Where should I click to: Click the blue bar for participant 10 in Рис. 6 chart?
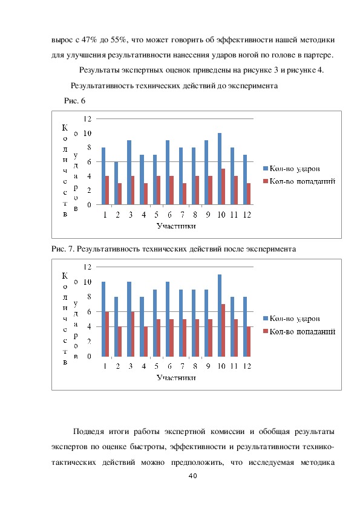(x=220, y=169)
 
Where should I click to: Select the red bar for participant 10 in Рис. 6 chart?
(x=223, y=187)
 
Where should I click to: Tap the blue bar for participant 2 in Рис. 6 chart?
(x=116, y=183)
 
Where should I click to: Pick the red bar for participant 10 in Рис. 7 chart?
(x=223, y=330)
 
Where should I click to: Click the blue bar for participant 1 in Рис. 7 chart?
(x=103, y=319)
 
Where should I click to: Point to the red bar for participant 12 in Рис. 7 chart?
(x=249, y=342)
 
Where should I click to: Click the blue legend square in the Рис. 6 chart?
(x=265, y=169)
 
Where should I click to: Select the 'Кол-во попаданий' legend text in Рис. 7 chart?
(x=303, y=331)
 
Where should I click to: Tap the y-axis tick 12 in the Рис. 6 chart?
(x=88, y=119)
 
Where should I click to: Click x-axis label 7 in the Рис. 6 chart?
(x=182, y=215)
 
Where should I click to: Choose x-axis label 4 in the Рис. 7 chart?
(x=143, y=366)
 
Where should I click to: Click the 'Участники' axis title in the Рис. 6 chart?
(x=176, y=226)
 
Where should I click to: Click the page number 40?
(x=192, y=476)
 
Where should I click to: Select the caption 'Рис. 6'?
(x=74, y=100)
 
